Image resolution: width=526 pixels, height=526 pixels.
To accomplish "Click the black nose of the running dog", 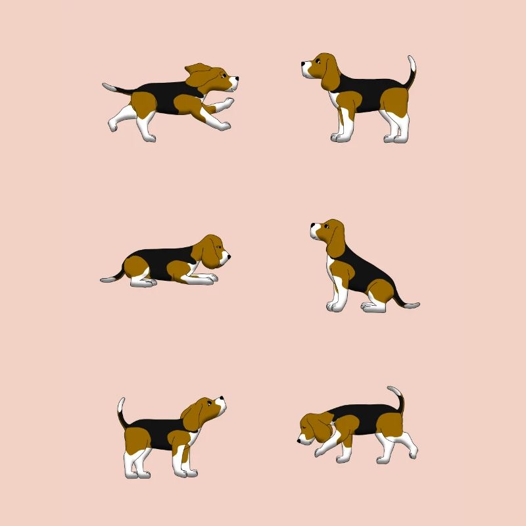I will pyautogui.click(x=237, y=78).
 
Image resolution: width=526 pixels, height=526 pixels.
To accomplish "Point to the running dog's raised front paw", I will pyautogui.click(x=227, y=103).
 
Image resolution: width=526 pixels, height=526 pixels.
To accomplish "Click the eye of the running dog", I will pyautogui.click(x=222, y=75).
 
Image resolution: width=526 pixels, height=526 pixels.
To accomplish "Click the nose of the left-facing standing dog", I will pyautogui.click(x=303, y=64).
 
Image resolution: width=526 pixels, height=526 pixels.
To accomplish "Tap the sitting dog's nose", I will pyautogui.click(x=312, y=227).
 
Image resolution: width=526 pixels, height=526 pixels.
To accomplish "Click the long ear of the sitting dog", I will pyautogui.click(x=336, y=240).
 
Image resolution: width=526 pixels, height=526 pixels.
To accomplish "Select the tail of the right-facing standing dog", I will pyautogui.click(x=121, y=412).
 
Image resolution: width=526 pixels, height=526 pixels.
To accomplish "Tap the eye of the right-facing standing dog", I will pyautogui.click(x=209, y=401).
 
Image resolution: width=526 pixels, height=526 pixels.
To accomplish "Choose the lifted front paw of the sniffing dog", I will pyautogui.click(x=319, y=452).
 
